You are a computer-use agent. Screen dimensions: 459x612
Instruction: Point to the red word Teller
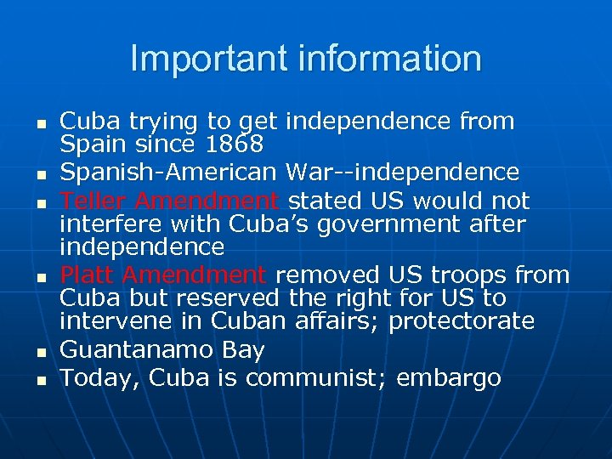pos(93,201)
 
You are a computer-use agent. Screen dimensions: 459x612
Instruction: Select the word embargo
pos(448,377)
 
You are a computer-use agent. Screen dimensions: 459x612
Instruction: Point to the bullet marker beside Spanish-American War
pos(39,175)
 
